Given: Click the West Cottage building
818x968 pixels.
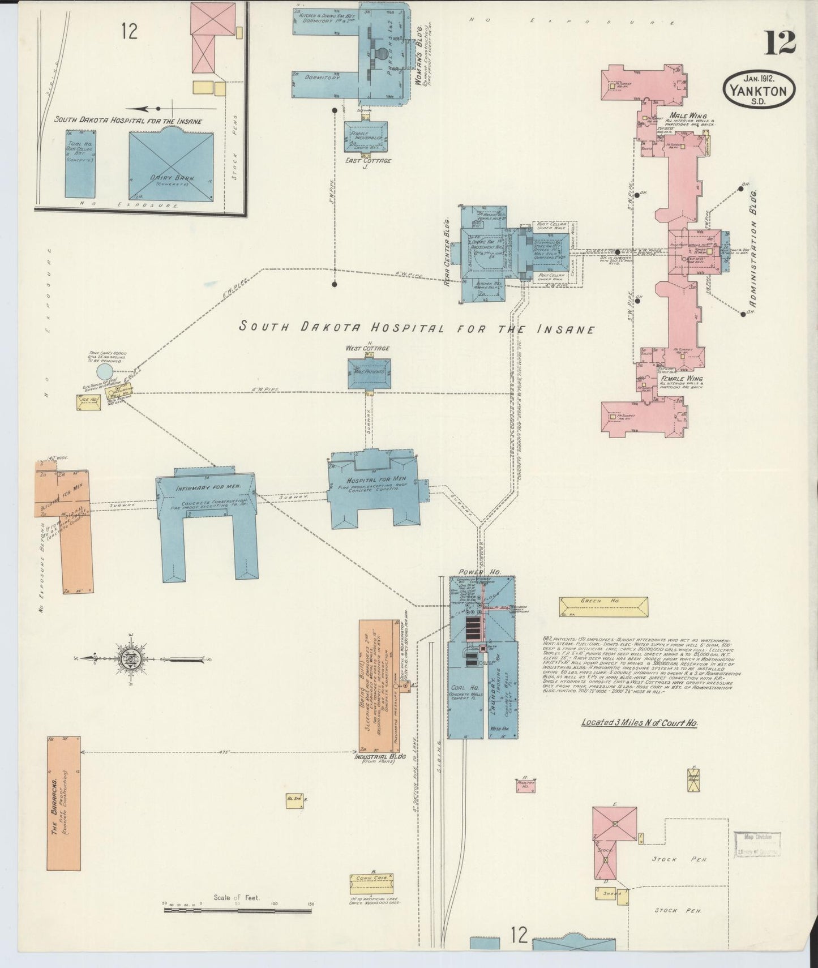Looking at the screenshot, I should tap(369, 374).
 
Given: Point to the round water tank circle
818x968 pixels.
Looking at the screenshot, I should tap(105, 372).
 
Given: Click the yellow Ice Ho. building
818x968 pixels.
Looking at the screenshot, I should tap(88, 402).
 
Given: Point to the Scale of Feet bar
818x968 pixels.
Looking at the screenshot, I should tap(238, 911).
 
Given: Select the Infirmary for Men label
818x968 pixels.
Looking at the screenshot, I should tap(200, 487).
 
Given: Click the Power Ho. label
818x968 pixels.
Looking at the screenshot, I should tap(472, 572).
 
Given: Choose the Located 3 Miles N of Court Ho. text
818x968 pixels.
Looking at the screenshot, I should tap(639, 723).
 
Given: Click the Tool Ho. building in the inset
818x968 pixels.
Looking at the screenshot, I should tap(79, 163).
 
